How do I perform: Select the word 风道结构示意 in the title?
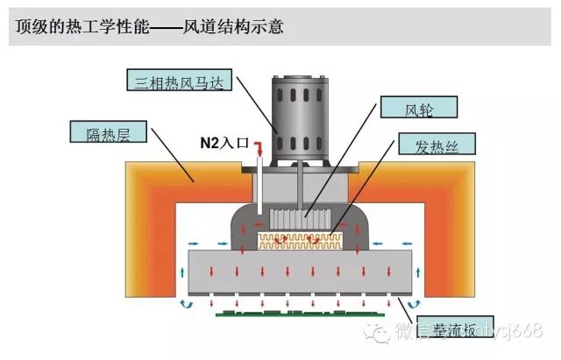233,27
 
